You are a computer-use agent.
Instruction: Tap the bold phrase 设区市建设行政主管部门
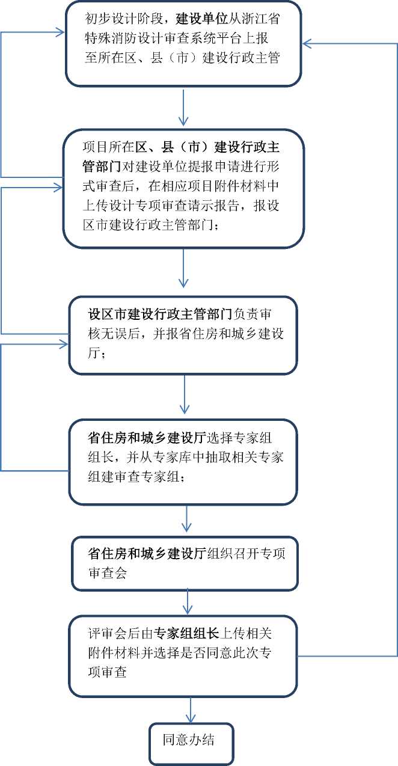(160, 314)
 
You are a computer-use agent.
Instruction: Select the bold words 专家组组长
(186, 633)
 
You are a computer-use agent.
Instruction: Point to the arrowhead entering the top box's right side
(307, 44)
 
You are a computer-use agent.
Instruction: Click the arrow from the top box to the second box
(183, 108)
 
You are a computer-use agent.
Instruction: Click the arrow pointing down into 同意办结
(190, 711)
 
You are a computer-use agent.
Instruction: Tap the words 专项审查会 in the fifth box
(190, 563)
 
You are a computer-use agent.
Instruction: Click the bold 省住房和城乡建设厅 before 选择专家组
(147, 438)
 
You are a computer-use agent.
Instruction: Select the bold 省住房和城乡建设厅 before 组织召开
(147, 553)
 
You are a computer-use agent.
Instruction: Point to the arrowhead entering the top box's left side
(60, 32)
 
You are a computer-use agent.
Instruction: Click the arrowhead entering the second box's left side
(58, 187)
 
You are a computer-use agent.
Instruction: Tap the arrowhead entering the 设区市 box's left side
(64, 345)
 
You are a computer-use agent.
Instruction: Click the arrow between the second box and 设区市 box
(183, 268)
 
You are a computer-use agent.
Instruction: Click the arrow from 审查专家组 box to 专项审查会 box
(186, 518)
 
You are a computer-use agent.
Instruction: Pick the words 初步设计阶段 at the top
(124, 19)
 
